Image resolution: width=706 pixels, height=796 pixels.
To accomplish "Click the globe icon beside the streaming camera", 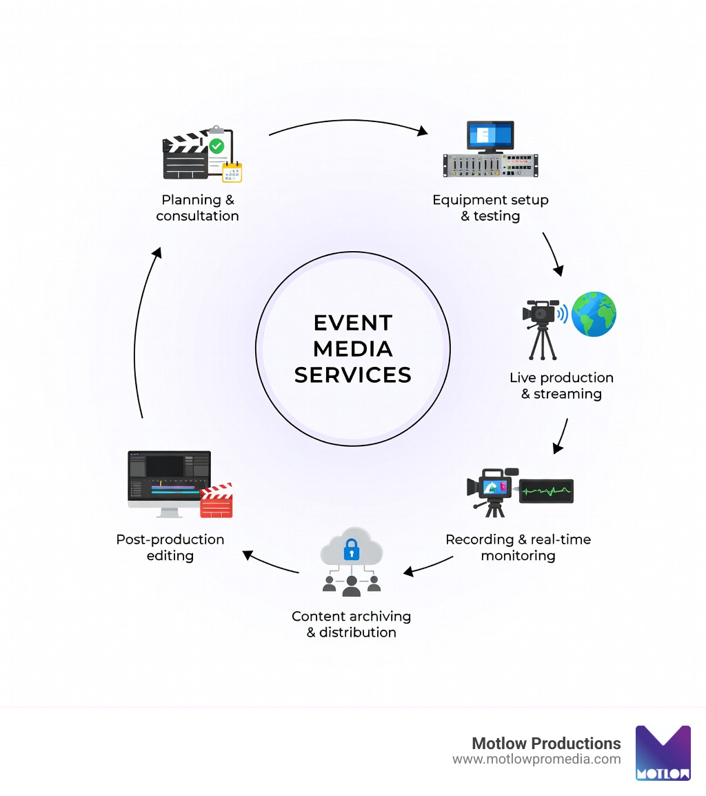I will click(594, 314).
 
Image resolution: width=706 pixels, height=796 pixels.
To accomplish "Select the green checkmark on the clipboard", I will click(216, 146).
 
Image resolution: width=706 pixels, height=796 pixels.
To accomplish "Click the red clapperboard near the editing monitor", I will click(216, 501).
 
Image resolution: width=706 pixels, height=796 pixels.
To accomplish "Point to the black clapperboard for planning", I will click(185, 159).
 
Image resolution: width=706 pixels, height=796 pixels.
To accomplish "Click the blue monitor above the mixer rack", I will click(490, 136).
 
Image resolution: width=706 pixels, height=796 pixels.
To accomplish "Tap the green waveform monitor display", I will click(546, 491).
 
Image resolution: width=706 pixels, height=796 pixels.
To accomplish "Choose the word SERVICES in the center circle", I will click(352, 375).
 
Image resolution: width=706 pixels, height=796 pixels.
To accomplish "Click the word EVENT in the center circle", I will click(352, 323).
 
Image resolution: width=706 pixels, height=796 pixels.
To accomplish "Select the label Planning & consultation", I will click(198, 208).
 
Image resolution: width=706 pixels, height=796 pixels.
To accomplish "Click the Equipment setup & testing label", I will click(490, 208).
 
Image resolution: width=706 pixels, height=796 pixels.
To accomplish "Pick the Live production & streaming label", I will click(561, 386).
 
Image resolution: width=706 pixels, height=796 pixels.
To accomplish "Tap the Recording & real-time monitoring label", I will click(518, 547).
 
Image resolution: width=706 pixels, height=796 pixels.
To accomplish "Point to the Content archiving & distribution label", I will click(351, 624).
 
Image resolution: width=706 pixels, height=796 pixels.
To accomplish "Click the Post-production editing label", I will click(170, 547).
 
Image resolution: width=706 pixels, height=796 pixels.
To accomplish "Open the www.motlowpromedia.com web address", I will click(536, 759).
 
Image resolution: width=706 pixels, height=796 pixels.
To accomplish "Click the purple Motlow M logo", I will click(663, 753).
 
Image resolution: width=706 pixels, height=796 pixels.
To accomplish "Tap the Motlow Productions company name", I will click(546, 743).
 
